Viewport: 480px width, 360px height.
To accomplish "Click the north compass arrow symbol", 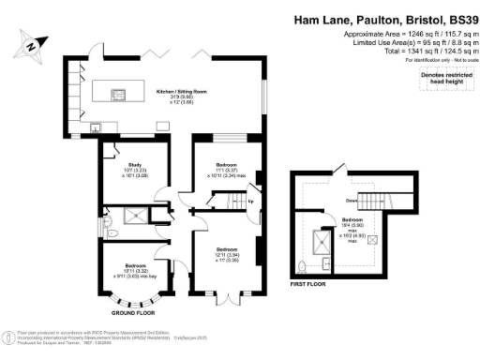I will click(34, 43).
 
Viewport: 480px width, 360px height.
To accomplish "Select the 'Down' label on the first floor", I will click(323, 199).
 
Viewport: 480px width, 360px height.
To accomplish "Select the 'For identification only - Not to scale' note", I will click(435, 59).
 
